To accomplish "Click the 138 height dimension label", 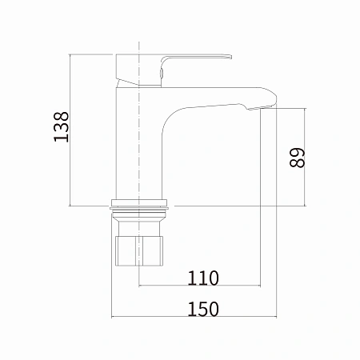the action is [62, 126].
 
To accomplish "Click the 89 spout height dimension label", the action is [297, 158].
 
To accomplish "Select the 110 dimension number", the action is [203, 278].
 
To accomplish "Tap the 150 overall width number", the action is [203, 309].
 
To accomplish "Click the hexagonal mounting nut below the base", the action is [139, 251].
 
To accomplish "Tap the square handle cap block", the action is [127, 70].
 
